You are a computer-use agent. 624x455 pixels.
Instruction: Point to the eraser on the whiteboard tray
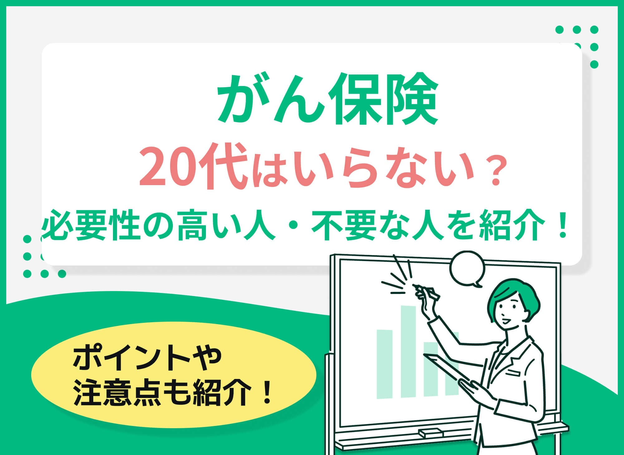point(431,433)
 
